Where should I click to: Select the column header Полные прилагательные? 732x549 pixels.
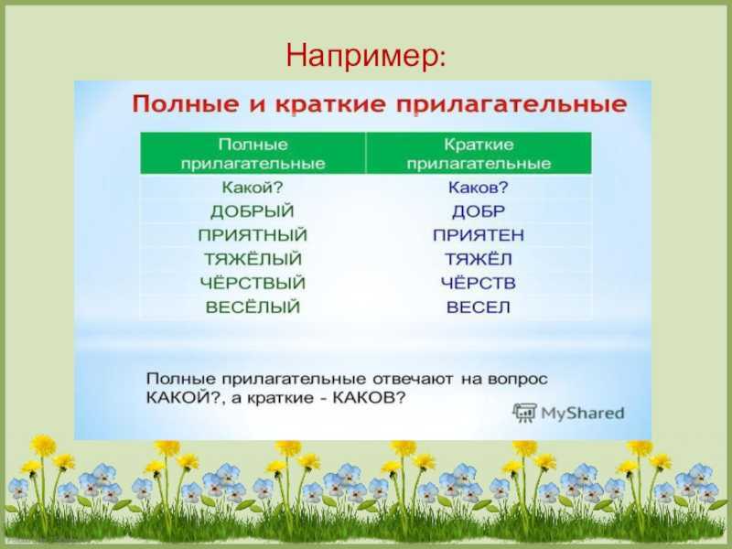(253, 154)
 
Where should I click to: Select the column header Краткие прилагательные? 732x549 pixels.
(479, 154)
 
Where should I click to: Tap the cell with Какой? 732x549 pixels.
(253, 188)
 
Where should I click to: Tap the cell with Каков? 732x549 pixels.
(478, 188)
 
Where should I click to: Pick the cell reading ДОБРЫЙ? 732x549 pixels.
(253, 211)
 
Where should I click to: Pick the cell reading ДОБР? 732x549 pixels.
(479, 211)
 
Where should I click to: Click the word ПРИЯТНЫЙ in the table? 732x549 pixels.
(253, 235)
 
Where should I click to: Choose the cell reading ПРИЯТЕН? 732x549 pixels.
(479, 235)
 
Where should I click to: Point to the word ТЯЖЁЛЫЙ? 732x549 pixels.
(253, 259)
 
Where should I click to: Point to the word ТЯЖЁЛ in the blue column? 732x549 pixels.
(479, 259)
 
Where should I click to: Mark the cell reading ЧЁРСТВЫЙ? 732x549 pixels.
(253, 283)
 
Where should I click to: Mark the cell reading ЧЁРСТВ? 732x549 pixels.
(479, 283)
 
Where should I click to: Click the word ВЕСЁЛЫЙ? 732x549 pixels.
(253, 307)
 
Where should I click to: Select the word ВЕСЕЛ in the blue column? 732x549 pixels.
(479, 307)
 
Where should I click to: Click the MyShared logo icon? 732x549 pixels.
(524, 413)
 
